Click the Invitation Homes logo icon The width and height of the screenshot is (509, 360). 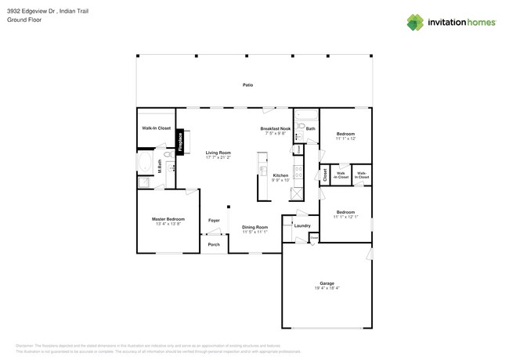pos(415,22)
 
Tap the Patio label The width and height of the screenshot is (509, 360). pos(247,85)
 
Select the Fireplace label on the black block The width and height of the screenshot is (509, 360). pos(180,142)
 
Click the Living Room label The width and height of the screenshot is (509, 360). pos(218,153)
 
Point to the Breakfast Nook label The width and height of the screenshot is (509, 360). pos(275,128)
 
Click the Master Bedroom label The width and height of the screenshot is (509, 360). pos(168,219)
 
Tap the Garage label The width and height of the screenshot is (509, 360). pos(327,283)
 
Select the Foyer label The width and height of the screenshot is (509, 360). pos(214,221)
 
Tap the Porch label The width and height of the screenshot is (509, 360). pos(214,245)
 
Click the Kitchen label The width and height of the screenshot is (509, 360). pos(280,175)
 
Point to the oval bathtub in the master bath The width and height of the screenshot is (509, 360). pos(145,163)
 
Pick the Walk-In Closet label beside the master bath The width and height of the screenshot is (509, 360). pos(156,128)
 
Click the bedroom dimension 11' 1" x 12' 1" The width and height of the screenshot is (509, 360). pos(345,217)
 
